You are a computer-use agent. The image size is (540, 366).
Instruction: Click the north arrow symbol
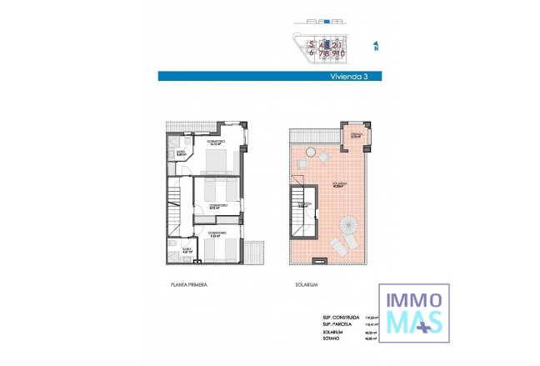coord(377,45)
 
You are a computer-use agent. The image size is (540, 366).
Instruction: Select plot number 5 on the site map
coord(311,44)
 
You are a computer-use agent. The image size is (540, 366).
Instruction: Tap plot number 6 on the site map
coord(311,53)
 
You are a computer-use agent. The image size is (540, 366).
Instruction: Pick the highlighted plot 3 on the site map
coord(328,44)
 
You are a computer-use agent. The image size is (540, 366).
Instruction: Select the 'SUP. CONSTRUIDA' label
coord(341,318)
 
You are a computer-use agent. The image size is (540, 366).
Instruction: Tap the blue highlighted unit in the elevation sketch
coord(327,20)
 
